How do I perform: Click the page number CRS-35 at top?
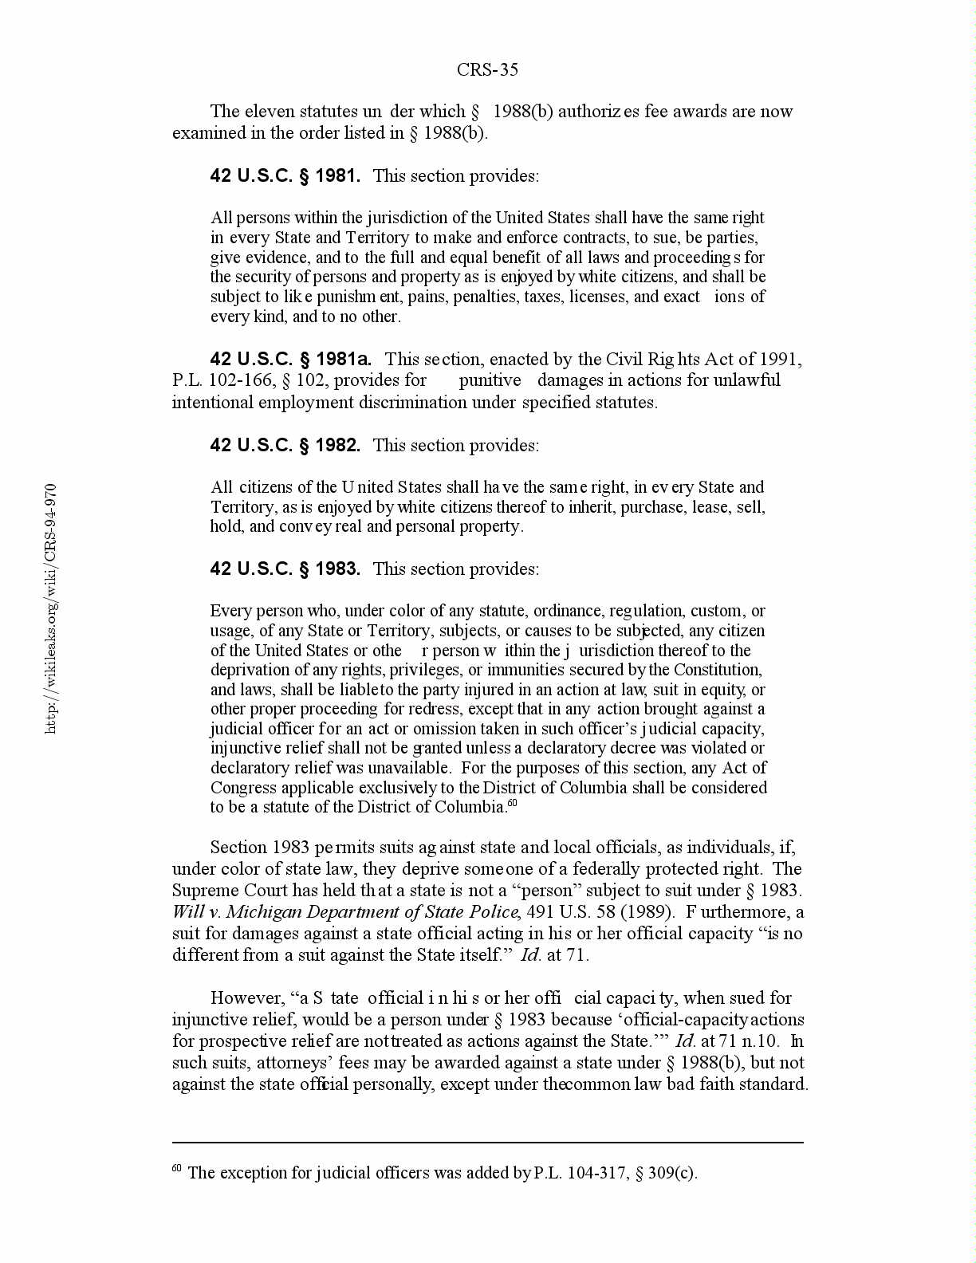pyautogui.click(x=487, y=70)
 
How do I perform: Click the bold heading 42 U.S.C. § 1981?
pyautogui.click(x=285, y=175)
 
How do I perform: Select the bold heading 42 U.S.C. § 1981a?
pyautogui.click(x=290, y=359)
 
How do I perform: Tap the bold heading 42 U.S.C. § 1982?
pyautogui.click(x=285, y=445)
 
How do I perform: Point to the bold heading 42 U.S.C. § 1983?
pyautogui.click(x=285, y=569)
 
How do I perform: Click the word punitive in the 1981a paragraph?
pyautogui.click(x=490, y=380)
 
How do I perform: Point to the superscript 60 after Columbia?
pyautogui.click(x=513, y=802)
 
